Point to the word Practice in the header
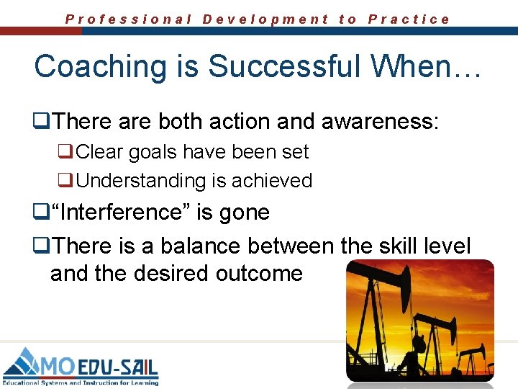(409, 19)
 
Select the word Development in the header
(265, 19)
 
